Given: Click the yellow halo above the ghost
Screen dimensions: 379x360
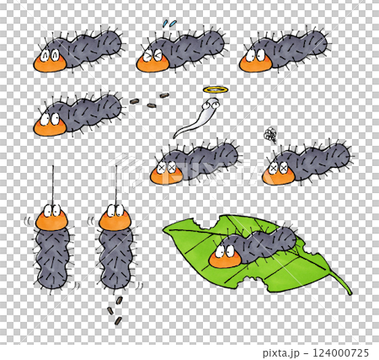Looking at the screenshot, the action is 216,90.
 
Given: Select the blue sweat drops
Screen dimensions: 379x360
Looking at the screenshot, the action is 169,24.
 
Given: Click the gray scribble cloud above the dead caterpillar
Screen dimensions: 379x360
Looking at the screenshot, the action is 270,135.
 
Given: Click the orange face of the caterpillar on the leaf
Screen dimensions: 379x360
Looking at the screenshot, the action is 225,256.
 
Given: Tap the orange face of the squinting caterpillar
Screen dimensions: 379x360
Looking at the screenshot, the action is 153,61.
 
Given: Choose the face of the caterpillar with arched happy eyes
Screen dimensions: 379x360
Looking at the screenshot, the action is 50,61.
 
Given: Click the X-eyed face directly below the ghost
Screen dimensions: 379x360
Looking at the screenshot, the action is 166,172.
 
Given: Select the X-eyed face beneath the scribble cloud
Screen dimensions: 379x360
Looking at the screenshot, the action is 279,173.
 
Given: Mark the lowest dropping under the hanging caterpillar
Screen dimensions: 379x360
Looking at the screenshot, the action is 118,320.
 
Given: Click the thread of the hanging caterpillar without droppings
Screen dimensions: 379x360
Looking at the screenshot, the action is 53,185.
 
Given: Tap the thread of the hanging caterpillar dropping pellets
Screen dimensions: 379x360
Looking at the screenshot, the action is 116,185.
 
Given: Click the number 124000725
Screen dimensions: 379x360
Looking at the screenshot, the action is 340,352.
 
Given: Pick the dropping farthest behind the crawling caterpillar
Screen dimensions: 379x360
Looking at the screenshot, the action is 163,96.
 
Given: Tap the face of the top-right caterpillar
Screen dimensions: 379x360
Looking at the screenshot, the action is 256,61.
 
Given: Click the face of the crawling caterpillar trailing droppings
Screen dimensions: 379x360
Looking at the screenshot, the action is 50,125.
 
